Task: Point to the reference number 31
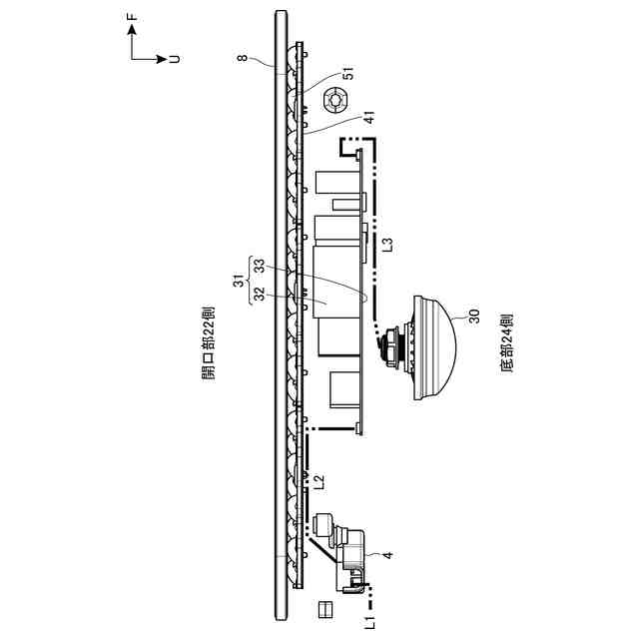[238, 283]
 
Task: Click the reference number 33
[258, 267]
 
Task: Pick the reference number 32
[258, 295]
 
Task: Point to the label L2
[319, 481]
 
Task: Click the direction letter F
[133, 17]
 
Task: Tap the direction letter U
[176, 59]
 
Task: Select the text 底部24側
[506, 344]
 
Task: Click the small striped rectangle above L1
[323, 608]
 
